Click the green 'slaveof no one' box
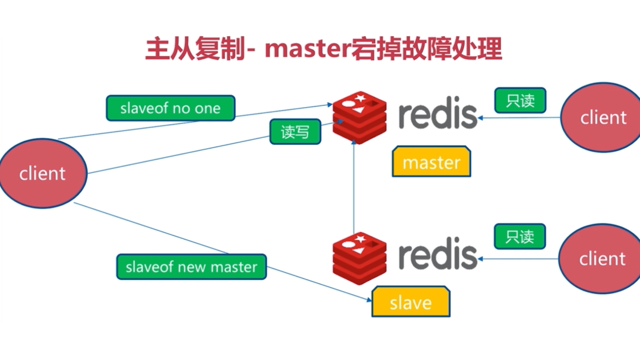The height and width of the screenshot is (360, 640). [170, 108]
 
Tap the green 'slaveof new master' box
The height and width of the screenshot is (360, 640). [191, 267]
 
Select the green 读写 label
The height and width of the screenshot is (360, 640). [295, 132]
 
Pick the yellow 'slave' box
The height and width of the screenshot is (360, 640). [411, 302]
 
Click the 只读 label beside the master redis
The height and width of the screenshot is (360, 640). [520, 100]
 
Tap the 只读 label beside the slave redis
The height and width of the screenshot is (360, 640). [520, 236]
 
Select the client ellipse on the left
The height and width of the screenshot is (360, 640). [43, 173]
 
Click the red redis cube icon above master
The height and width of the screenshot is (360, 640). [359, 117]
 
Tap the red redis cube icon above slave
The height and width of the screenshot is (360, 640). [359, 258]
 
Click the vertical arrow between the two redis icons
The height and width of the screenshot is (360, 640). [354, 187]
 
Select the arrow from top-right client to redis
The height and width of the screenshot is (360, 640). [520, 118]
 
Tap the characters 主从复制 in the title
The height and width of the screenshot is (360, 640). [195, 49]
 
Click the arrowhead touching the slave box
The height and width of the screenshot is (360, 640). [369, 300]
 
